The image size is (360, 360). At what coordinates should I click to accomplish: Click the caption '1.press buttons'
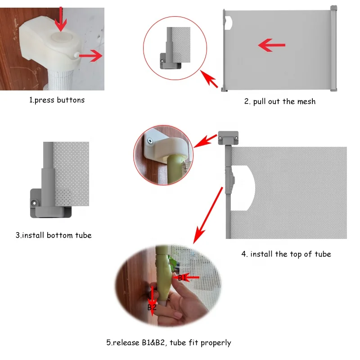pos(57,100)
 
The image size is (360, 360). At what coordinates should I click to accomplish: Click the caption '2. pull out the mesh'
pos(280,101)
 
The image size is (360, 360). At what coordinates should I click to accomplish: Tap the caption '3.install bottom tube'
pos(54,235)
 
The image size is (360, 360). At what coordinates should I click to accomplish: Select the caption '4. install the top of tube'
pos(286,254)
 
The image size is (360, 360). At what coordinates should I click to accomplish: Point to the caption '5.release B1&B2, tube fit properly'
pos(168,342)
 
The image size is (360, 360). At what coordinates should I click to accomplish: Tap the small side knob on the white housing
pos(76,55)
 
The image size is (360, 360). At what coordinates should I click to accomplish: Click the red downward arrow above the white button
pos(61,19)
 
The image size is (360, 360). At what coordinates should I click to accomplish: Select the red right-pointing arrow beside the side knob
pos(91,55)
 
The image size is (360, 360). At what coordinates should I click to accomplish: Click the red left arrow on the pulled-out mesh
pos(272,45)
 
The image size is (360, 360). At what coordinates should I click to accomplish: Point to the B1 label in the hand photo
pos(182,278)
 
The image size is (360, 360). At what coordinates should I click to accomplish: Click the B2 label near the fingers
pos(152,307)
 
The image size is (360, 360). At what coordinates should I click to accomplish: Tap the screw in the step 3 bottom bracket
pos(35,203)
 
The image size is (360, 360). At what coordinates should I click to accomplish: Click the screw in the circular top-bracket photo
pos(150,141)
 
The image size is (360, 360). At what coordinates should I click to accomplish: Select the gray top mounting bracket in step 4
pos(228,138)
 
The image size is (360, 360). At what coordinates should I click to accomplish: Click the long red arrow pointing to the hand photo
pos(208,216)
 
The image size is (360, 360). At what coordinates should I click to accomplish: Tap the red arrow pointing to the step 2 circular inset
pos(209,79)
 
